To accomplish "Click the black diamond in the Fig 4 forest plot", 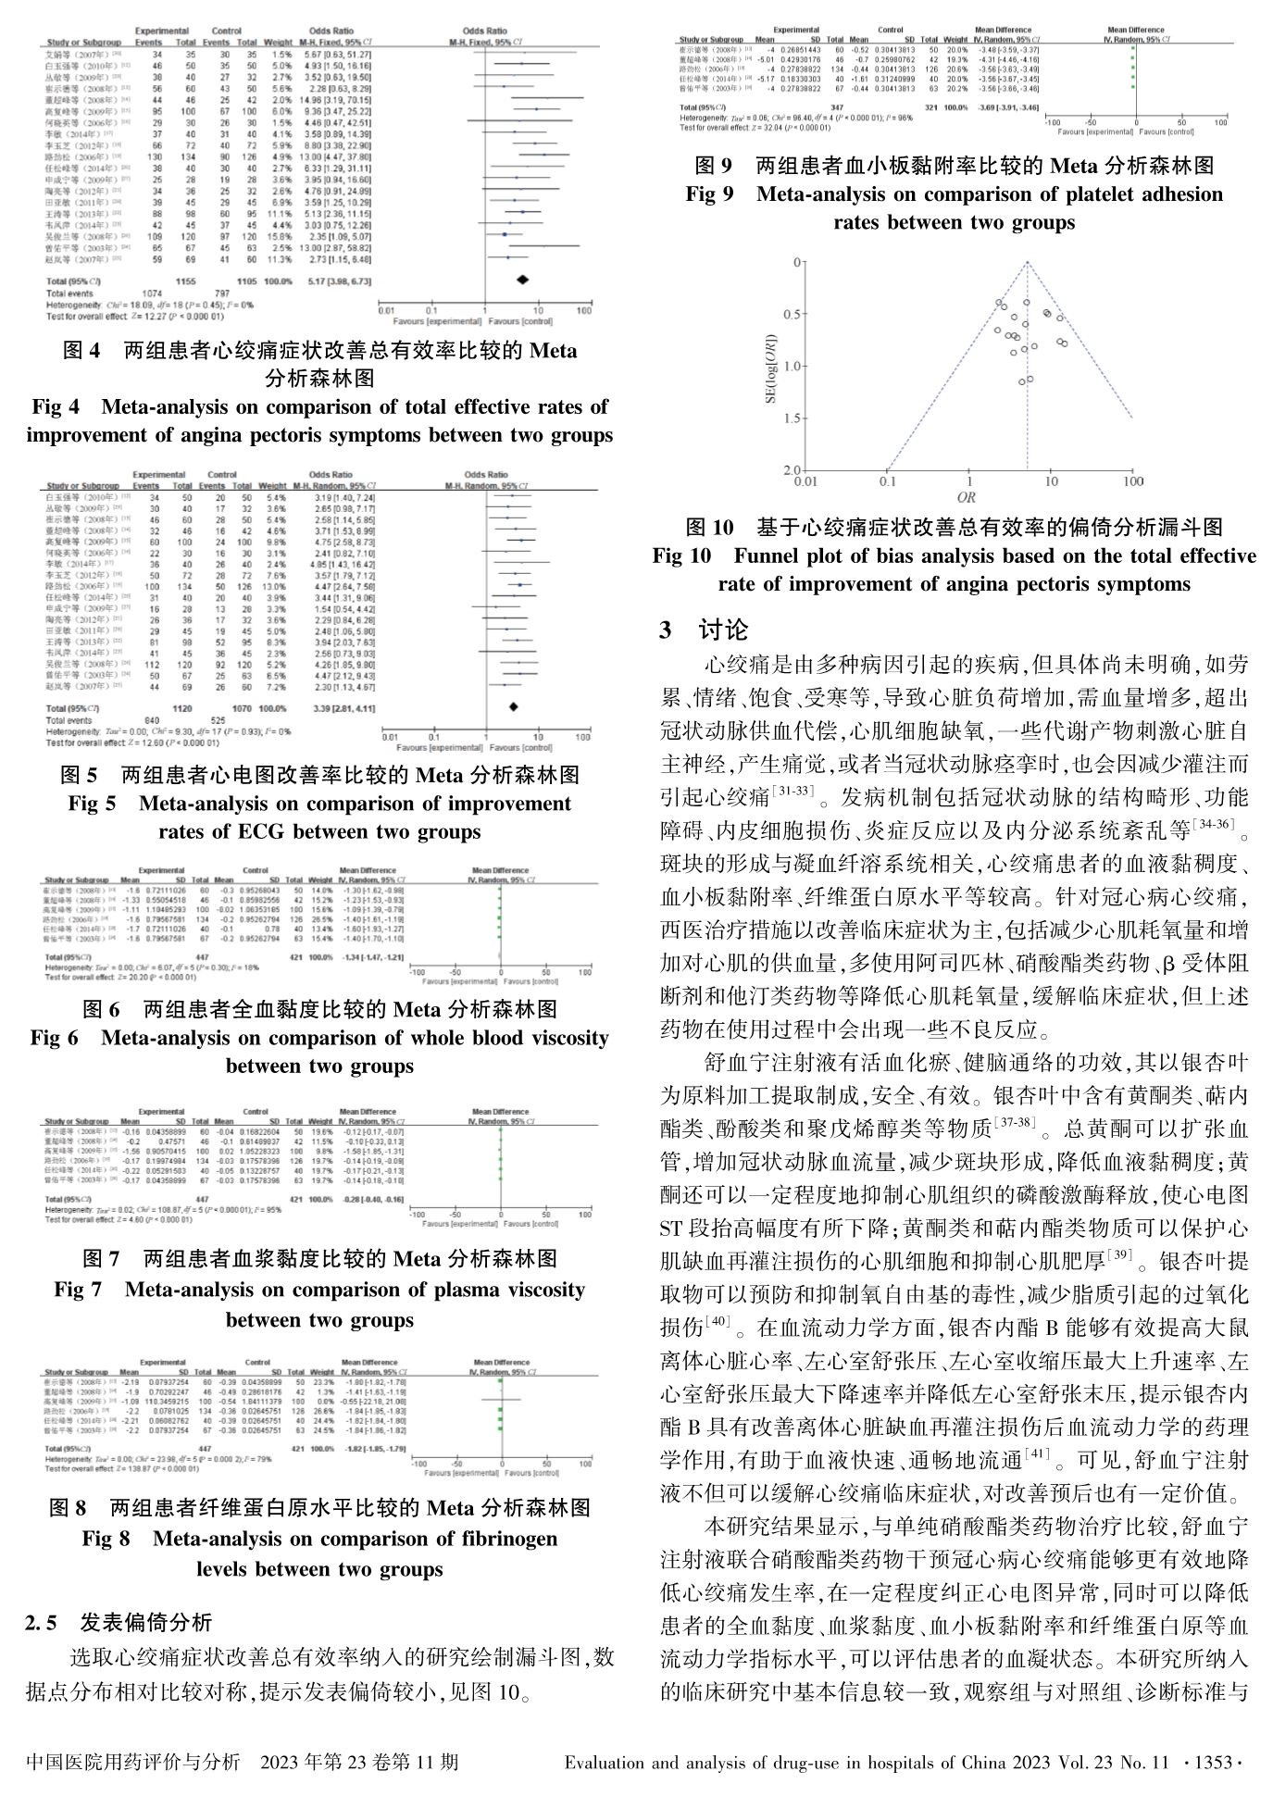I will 523,279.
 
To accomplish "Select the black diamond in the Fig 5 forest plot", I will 513,707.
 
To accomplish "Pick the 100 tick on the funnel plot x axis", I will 1131,482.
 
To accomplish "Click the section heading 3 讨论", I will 704,631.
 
